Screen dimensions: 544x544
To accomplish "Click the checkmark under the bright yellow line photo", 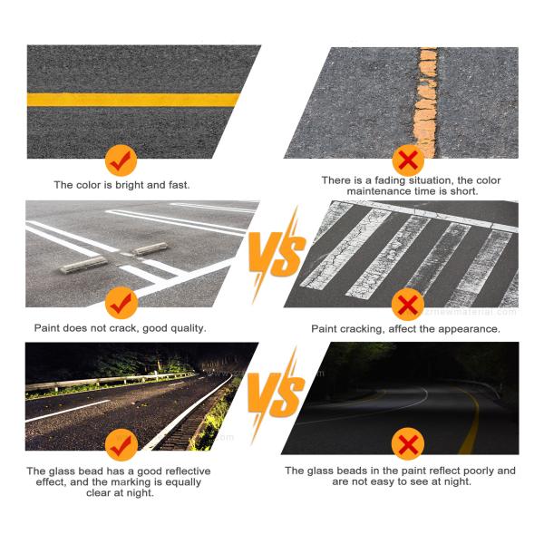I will (x=121, y=160).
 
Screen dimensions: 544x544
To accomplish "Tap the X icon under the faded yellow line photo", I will (x=409, y=160).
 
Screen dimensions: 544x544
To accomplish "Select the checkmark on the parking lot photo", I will (x=121, y=302).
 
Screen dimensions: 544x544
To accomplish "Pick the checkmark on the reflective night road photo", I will (x=121, y=443).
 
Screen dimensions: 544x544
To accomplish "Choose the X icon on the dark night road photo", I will (x=409, y=444).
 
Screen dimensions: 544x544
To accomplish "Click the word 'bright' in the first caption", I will (x=122, y=185).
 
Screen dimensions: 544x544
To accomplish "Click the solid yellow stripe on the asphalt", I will (x=136, y=99).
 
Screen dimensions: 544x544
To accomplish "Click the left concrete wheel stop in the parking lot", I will (x=83, y=264).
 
